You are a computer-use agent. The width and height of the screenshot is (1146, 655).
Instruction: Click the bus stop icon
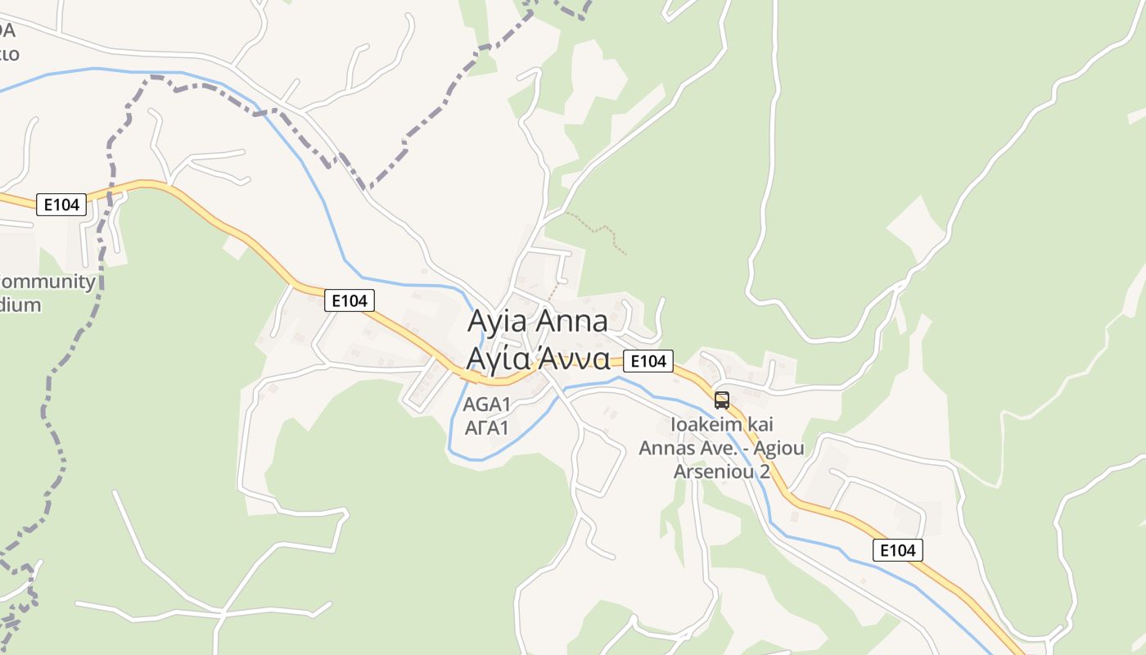pos(721,400)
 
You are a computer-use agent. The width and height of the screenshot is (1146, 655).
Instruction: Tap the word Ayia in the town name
pos(496,321)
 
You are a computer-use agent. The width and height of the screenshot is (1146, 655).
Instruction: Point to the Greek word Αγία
pos(496,359)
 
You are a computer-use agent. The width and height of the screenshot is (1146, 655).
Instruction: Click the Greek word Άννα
pos(572,359)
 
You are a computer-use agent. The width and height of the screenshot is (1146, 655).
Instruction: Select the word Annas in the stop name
pos(665,448)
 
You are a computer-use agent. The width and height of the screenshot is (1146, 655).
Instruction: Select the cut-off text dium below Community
pos(20,305)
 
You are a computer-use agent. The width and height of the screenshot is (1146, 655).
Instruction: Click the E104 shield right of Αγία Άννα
pos(648,361)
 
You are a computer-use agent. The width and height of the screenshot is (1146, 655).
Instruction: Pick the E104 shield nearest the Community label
pos(61,205)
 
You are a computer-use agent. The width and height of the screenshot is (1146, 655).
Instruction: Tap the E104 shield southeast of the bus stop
pos(898,550)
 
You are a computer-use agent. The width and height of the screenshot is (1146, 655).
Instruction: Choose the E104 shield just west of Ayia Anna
pos(350,300)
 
